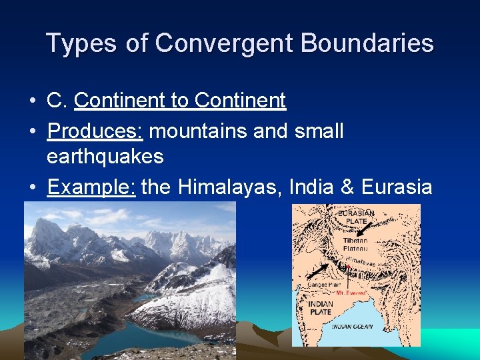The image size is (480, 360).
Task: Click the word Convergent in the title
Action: [x=225, y=44]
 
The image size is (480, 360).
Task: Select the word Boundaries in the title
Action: [x=367, y=44]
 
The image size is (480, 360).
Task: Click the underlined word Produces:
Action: [x=95, y=131]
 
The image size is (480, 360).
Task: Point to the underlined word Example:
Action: [x=91, y=187]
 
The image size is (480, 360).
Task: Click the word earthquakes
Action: [x=105, y=157]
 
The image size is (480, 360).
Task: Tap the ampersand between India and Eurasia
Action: [x=347, y=187]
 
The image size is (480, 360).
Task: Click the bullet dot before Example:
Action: [x=33, y=188]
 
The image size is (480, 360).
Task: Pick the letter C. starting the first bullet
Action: [x=57, y=101]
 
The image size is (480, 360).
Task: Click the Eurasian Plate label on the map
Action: [x=356, y=217]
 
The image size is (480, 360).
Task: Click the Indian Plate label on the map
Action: [x=321, y=308]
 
